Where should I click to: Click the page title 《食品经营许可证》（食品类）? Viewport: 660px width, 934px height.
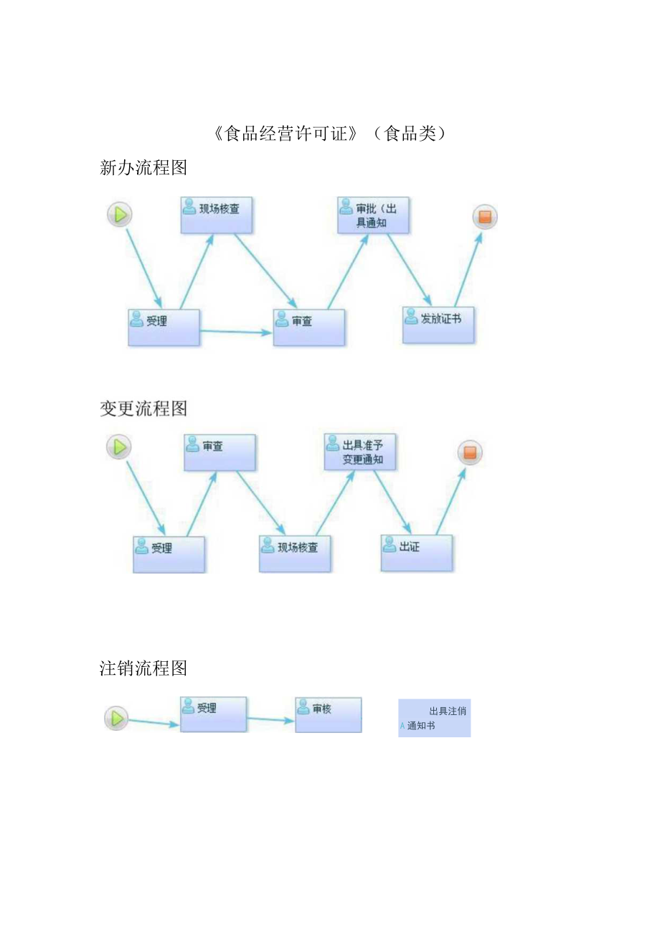(330, 134)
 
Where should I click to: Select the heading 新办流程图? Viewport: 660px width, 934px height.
(143, 168)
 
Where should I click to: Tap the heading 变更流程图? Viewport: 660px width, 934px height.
(143, 408)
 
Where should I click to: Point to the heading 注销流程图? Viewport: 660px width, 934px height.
(143, 668)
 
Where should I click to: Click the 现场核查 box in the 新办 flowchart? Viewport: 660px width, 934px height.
(216, 215)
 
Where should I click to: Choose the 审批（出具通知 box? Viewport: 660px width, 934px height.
(373, 215)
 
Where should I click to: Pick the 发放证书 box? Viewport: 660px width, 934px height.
(438, 324)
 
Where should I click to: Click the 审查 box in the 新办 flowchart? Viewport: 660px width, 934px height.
(308, 327)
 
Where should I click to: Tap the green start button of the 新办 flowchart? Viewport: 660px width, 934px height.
(120, 214)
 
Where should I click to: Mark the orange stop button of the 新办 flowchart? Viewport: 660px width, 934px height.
(485, 217)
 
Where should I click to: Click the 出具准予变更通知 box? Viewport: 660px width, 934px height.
(359, 452)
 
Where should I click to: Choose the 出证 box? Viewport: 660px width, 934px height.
(416, 552)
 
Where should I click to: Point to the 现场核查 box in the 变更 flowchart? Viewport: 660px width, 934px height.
(295, 553)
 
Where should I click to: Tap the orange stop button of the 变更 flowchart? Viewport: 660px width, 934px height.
(470, 453)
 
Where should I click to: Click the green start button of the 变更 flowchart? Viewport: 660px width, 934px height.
(119, 447)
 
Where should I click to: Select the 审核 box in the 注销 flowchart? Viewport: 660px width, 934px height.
(328, 714)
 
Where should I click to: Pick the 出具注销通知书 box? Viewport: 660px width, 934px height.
(434, 718)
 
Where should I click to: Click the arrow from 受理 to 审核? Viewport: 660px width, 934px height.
(270, 719)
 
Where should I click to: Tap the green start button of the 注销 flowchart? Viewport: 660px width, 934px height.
(116, 718)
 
